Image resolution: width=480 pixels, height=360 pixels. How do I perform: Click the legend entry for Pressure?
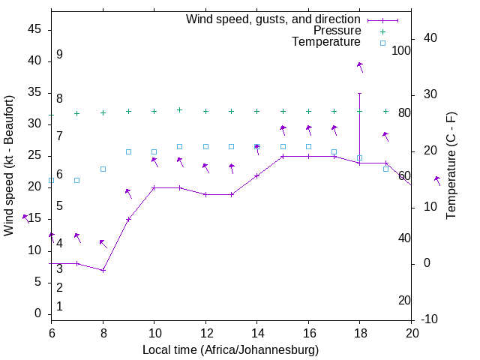[x=337, y=31]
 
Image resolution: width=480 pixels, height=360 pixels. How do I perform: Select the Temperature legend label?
[x=326, y=42]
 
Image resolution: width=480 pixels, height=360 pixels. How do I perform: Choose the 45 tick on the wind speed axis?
[x=34, y=28]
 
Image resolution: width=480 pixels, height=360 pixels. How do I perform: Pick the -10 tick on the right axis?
[x=430, y=319]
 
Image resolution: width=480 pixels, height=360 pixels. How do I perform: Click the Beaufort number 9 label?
[x=59, y=55]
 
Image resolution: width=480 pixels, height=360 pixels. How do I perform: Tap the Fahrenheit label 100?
[x=401, y=50]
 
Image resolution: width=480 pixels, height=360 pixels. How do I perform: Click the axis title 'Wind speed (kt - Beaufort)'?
[x=9, y=165]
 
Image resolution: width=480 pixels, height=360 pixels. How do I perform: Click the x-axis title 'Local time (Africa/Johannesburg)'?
[x=231, y=349]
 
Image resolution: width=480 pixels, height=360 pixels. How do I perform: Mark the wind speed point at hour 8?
[x=103, y=270]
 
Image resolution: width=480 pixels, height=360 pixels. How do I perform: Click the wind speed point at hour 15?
[x=283, y=156]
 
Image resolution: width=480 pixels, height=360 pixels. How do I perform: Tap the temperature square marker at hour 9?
[x=128, y=151]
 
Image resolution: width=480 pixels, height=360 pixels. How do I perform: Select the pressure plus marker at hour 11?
[x=179, y=109]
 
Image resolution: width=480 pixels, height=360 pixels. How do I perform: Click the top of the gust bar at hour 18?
[x=360, y=93]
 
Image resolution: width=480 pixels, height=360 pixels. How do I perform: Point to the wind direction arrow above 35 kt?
[x=360, y=67]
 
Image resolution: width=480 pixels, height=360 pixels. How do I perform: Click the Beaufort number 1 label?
[x=59, y=306]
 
